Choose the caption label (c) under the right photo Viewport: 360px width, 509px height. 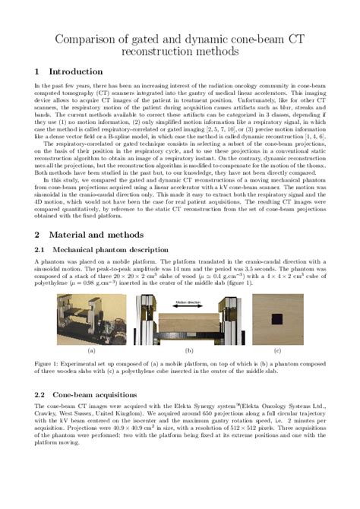[x=276, y=350]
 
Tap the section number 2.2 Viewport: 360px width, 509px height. [x=42, y=394]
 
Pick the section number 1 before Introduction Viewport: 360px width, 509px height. [x=38, y=71]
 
